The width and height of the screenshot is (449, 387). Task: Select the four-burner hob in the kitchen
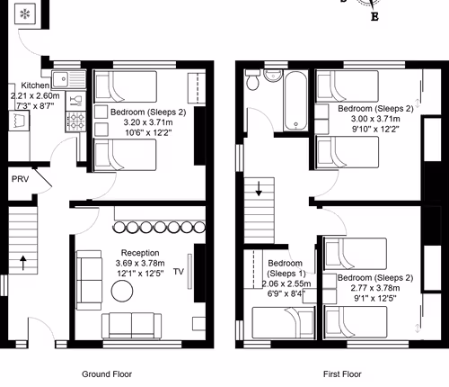point(76,121)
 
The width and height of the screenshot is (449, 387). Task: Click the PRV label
point(20,179)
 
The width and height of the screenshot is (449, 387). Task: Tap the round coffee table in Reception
point(121,290)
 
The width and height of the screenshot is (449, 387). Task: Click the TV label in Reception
point(178,270)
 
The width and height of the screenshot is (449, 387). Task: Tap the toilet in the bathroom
point(255,84)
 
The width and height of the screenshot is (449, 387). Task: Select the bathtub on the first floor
point(294,101)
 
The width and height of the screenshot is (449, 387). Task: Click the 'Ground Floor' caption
point(108,372)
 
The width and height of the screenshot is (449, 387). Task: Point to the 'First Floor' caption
point(342,372)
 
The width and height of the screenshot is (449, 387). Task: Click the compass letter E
point(374,16)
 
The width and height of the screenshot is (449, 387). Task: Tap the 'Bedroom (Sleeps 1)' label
point(286,268)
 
